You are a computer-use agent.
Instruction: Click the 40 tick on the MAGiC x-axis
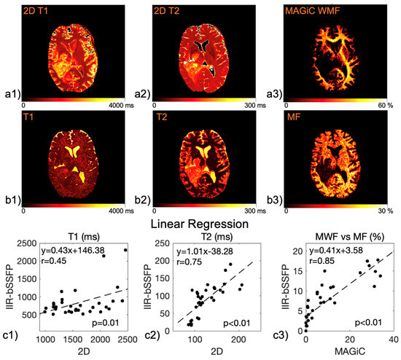click(x=393, y=340)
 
